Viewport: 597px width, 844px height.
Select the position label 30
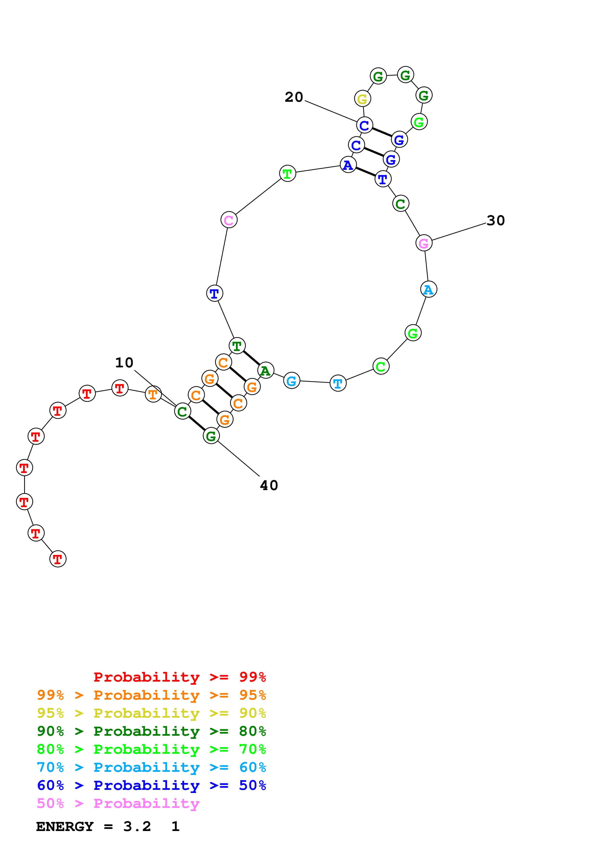495,221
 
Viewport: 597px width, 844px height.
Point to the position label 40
269,485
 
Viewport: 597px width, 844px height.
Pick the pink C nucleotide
229,220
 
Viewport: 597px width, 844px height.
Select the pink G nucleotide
424,243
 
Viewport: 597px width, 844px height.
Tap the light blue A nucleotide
428,289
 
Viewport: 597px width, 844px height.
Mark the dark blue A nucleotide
348,165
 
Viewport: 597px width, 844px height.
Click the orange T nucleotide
153,394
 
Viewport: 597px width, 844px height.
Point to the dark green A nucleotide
266,370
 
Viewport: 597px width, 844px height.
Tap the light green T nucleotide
287,173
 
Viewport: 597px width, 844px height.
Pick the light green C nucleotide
381,366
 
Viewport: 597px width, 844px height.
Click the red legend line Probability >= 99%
180,677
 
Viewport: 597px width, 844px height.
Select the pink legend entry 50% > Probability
118,804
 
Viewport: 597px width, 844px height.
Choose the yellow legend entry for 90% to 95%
151,713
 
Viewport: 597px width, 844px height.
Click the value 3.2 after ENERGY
137,826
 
